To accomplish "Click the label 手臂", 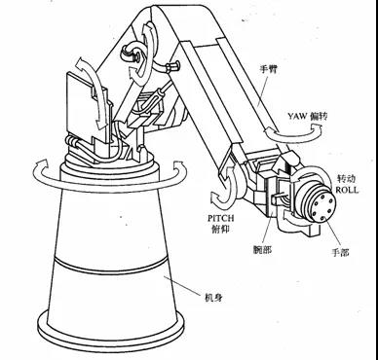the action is [270, 69].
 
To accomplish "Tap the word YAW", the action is [297, 116].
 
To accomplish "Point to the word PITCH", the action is [221, 218].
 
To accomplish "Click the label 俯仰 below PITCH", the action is [221, 229].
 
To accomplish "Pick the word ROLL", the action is [347, 190].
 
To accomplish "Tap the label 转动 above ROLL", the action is [347, 179].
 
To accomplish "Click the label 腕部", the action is [262, 250].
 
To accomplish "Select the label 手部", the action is [340, 252].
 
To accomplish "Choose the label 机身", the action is [213, 297].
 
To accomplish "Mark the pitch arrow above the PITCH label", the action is [225, 189].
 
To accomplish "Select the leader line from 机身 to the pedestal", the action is [183, 285].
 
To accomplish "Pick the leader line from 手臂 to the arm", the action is [262, 91].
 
